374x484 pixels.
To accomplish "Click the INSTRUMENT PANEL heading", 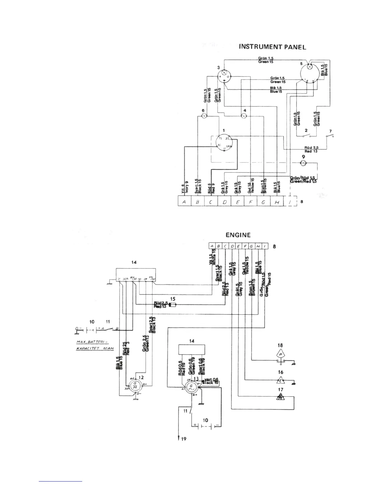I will (x=272, y=47).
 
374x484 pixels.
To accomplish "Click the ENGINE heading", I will (x=238, y=235).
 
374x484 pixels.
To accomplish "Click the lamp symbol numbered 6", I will (x=205, y=116).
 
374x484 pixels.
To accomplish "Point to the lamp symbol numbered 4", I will (x=244, y=116).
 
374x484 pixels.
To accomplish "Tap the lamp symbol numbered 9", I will (x=303, y=163).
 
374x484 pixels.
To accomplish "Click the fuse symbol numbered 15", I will (x=173, y=305).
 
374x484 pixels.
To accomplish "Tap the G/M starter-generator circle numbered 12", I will (x=135, y=386).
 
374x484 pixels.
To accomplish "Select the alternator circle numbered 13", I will (x=191, y=388).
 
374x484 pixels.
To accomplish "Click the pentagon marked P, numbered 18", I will (x=280, y=354).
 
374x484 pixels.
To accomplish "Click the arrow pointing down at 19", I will (x=178, y=438).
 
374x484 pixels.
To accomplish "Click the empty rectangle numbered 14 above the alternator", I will (x=192, y=349).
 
